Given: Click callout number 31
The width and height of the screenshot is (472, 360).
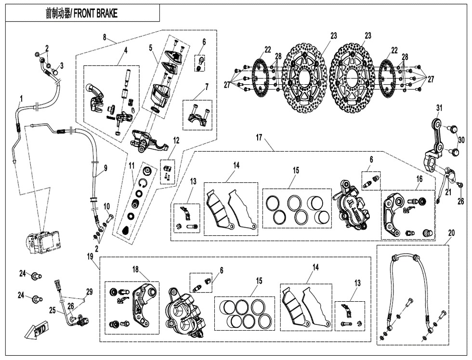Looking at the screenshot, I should (439, 107).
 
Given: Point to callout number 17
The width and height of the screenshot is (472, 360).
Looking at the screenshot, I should (259, 138).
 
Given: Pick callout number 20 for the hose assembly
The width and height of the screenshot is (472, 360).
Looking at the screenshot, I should (451, 232).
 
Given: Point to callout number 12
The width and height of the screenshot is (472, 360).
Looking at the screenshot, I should (176, 140).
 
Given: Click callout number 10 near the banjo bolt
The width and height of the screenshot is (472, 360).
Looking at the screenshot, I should (107, 206).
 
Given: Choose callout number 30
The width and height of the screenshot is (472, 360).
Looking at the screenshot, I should (461, 140).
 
